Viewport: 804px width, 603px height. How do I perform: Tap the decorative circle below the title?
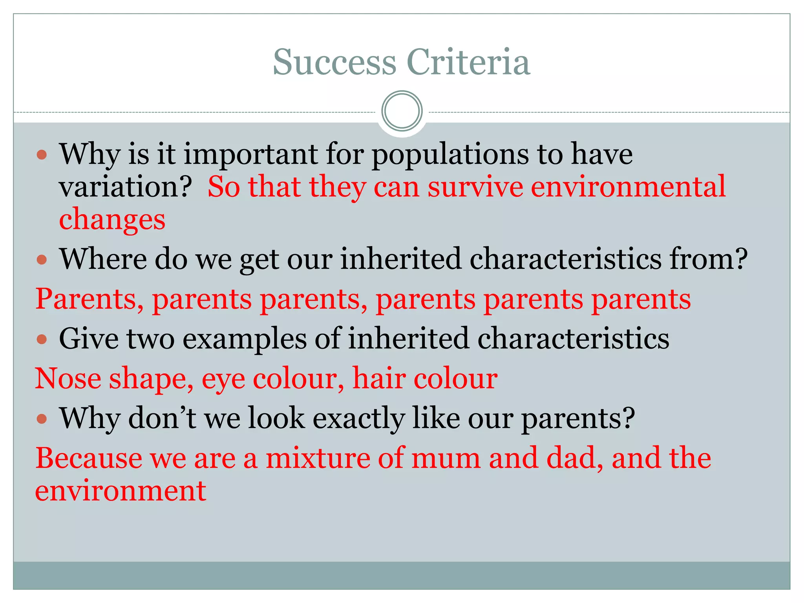402,111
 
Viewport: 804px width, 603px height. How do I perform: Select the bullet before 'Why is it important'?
42,154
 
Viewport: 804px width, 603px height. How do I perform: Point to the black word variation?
125,187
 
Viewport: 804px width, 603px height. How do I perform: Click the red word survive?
475,187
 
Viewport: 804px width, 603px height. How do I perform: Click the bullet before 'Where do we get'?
42,259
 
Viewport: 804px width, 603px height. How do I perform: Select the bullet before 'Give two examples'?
42,339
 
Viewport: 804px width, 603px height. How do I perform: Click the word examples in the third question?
245,340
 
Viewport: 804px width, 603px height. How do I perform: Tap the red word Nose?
68,379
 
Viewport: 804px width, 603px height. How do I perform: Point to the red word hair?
379,379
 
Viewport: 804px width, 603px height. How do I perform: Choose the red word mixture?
318,459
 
